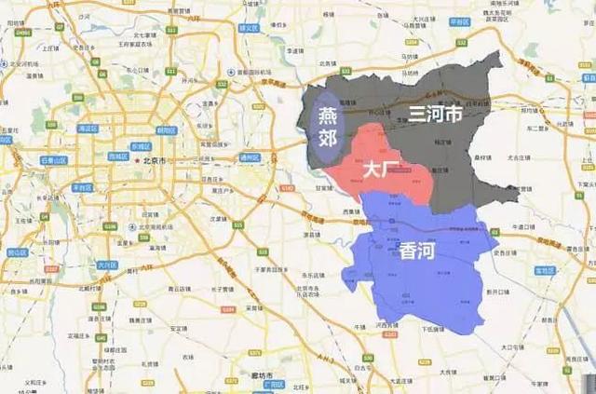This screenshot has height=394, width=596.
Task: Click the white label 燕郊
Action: (328, 128)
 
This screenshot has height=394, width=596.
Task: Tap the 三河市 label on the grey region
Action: (435, 115)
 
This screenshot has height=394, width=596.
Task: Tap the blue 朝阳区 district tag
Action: (167, 130)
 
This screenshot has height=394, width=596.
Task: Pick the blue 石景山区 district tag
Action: (57, 160)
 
